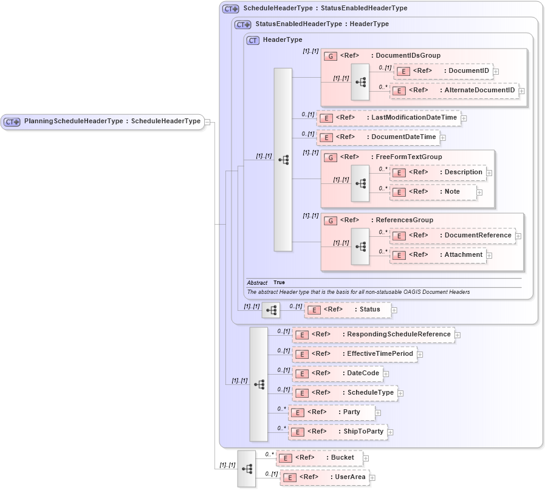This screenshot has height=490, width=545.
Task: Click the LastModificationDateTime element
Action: click(388, 118)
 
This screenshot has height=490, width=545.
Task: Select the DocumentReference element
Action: click(452, 236)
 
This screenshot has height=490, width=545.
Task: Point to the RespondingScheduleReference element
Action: click(373, 335)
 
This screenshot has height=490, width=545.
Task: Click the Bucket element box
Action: click(319, 458)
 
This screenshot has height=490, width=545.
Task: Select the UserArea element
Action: click(324, 477)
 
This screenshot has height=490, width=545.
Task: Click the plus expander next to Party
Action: click(378, 413)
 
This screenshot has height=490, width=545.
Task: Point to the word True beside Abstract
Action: click(279, 282)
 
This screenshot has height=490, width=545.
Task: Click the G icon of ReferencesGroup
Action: click(331, 220)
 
